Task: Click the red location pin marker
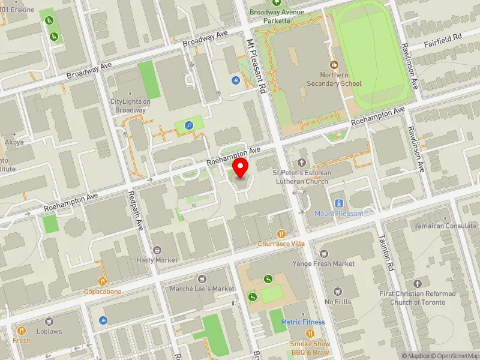click(241, 167)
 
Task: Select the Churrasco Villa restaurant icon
click(281, 234)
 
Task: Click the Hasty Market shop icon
click(157, 250)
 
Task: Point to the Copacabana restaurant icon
click(103, 281)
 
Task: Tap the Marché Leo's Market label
click(202, 289)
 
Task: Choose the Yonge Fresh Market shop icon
click(324, 254)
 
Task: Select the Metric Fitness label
click(303, 322)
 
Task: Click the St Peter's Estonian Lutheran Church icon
click(302, 163)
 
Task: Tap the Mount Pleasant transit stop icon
click(338, 203)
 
